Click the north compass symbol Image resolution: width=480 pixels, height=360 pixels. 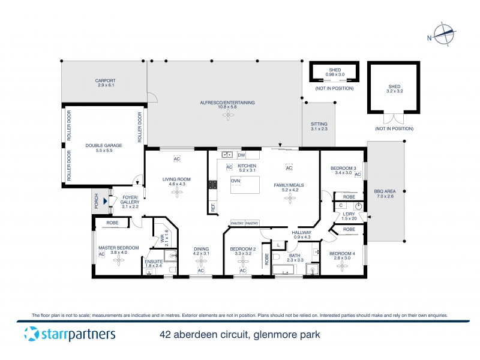pos(443,35)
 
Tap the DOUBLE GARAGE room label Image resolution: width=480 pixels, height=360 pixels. pos(103,145)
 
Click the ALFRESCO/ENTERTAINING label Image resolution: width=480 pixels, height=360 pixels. pos(227,103)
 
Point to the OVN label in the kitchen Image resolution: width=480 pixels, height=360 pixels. pos(236,181)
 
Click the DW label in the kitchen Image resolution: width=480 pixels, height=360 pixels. pos(241,155)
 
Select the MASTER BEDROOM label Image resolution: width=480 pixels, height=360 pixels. pos(119,248)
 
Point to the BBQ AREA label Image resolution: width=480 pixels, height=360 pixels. pos(385,192)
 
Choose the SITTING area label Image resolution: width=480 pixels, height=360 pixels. pos(319,124)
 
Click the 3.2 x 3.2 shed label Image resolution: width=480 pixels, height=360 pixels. pos(394,90)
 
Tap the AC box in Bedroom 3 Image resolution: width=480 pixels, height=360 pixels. pos(357,175)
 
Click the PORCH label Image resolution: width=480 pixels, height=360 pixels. pos(96,202)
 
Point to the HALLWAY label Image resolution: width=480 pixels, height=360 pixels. pos(301,233)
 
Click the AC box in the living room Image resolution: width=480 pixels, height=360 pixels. pos(177,159)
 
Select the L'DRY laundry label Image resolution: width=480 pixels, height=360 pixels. pos(348,214)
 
